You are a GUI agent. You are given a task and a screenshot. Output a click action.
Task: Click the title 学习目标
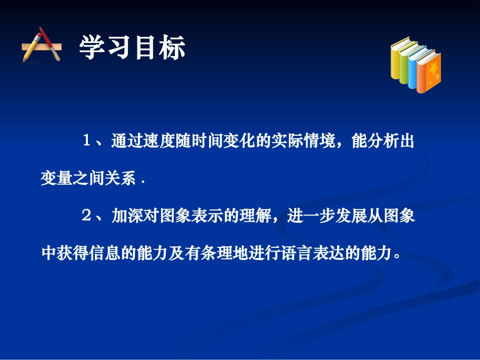[x=132, y=48]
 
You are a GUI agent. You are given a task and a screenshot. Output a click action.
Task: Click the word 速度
[x=163, y=141]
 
